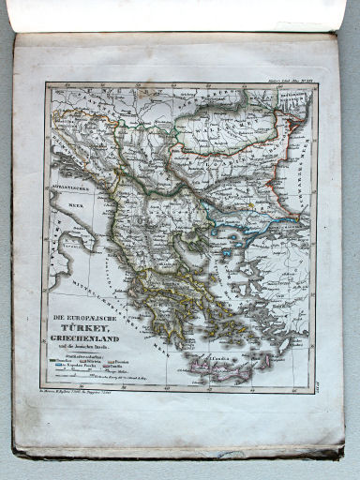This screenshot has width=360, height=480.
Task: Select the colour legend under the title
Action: point(94,366)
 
